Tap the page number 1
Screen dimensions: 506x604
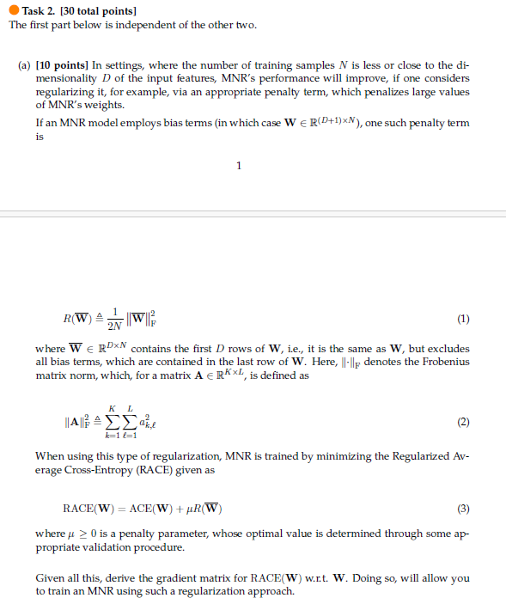tap(238, 166)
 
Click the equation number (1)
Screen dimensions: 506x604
tap(464, 319)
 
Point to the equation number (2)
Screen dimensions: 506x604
tap(464, 423)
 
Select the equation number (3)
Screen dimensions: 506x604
tap(464, 508)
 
